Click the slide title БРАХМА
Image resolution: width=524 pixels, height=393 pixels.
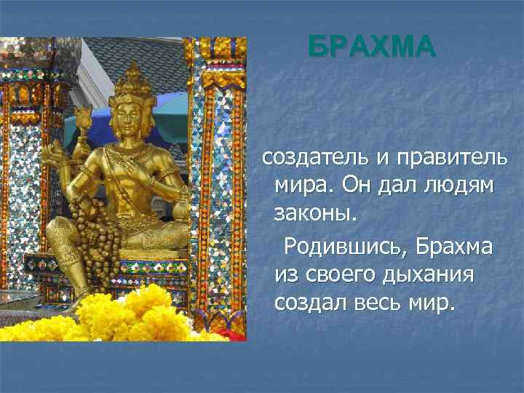point(371,47)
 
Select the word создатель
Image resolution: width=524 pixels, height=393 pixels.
point(314,156)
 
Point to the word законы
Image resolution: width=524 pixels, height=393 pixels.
point(317,214)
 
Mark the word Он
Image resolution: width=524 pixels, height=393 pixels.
point(349,185)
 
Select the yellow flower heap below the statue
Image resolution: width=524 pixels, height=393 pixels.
point(131,317)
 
